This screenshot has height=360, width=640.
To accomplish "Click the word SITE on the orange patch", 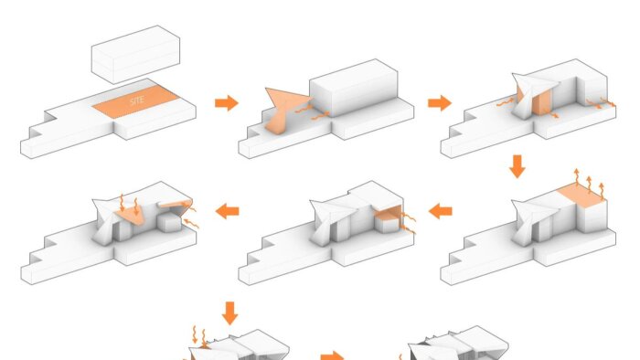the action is [x=137, y=101].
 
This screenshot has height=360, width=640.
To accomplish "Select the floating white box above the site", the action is [x=135, y=55].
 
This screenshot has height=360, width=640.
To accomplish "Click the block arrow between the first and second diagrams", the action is [x=227, y=102].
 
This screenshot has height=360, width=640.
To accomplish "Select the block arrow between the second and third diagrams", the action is [x=440, y=102].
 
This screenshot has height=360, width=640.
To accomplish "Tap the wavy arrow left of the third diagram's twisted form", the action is [x=505, y=102].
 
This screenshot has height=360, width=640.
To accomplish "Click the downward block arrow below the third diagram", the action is [x=517, y=166].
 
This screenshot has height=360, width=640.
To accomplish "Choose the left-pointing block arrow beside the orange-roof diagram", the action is [x=440, y=211].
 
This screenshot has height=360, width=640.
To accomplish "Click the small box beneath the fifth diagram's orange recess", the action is [x=387, y=226].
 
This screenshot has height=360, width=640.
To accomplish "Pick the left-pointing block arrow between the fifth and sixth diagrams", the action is [x=227, y=211].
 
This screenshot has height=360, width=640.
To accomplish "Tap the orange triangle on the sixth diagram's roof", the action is [x=132, y=214].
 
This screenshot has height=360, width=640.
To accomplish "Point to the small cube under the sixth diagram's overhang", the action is [x=169, y=224].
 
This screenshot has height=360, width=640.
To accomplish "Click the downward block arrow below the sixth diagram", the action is [x=229, y=313].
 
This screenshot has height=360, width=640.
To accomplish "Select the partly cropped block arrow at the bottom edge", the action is [x=332, y=356].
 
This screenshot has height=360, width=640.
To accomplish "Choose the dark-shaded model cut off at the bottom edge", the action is [x=458, y=344].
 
